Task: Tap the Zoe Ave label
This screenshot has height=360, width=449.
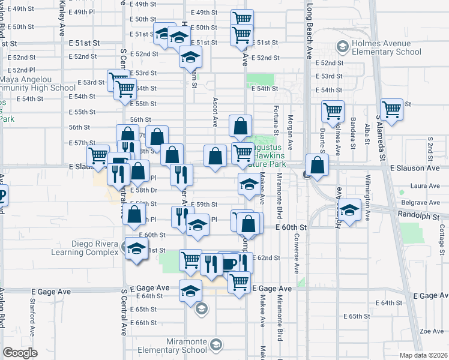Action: [431, 331]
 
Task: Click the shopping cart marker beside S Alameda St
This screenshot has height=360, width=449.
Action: [391, 110]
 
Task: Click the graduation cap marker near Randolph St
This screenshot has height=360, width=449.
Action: [350, 209]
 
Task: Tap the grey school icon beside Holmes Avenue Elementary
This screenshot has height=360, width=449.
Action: [342, 47]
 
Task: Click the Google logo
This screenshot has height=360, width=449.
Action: [20, 353]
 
